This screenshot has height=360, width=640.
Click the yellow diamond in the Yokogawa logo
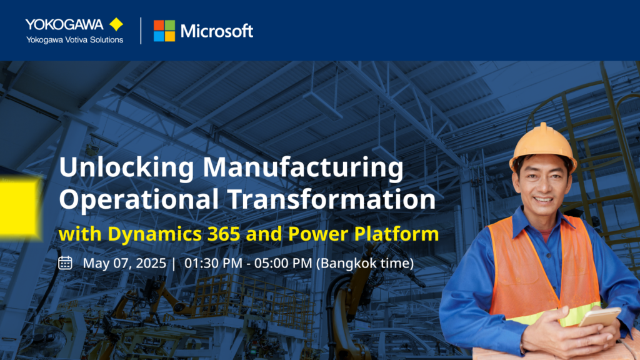click(x=116, y=24)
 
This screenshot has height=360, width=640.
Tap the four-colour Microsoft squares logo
click(x=164, y=31)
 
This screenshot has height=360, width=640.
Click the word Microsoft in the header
click(x=217, y=31)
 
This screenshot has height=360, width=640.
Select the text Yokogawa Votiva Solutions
click(x=75, y=39)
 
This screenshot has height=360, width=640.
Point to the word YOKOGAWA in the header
click(x=64, y=24)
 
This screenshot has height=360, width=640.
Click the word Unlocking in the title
click(x=126, y=167)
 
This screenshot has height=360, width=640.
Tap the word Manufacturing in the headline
click(x=303, y=167)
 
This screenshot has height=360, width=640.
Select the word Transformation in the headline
click(x=332, y=199)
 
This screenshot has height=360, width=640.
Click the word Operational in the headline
click(x=139, y=200)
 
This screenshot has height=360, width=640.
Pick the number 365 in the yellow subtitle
click(x=224, y=234)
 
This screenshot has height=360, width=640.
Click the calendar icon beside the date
click(x=65, y=263)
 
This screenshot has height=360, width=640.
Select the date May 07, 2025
click(x=124, y=263)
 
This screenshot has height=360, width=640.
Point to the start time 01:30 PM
click(x=213, y=263)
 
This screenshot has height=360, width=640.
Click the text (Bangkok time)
click(x=365, y=263)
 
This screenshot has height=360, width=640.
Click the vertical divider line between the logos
click(x=141, y=31)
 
